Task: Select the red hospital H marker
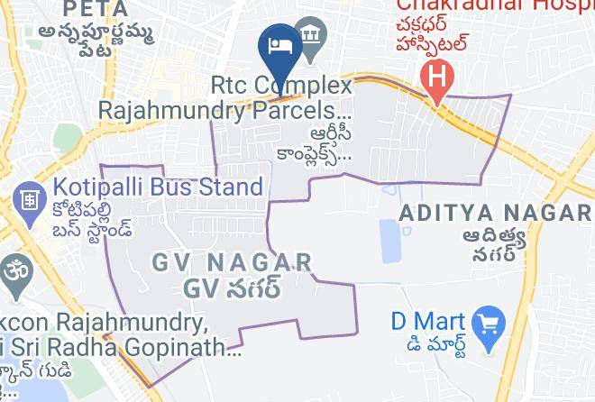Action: tap(437, 73)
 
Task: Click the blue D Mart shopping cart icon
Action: tap(490, 322)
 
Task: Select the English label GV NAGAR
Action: tap(232, 263)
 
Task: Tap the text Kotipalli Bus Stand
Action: tap(158, 187)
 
